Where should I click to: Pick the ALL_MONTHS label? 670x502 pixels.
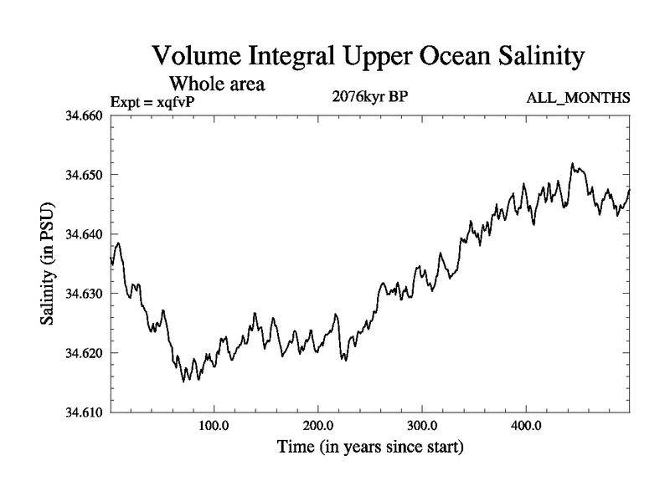tap(578, 99)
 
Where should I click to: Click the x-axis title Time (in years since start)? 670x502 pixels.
tap(369, 448)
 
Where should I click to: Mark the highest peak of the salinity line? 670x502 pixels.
tap(573, 163)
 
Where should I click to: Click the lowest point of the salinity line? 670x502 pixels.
tap(183, 381)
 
